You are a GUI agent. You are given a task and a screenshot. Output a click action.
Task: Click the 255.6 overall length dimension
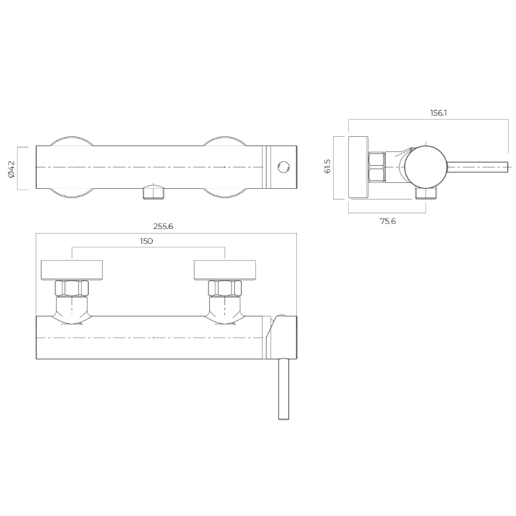163,226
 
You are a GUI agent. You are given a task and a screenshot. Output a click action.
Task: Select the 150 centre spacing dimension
146,241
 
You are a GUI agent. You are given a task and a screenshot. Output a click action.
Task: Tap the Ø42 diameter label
12,168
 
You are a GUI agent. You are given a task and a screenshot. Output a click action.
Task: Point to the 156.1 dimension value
438,113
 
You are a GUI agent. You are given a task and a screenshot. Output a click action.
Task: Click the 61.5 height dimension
328,166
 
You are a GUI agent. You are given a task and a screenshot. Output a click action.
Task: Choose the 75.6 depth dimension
388,221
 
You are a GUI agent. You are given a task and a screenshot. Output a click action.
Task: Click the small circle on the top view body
283,167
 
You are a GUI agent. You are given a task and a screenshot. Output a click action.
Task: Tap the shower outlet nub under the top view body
153,192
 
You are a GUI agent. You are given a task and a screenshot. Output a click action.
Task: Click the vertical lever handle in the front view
284,389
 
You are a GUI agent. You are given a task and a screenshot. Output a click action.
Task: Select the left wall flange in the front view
72,270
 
